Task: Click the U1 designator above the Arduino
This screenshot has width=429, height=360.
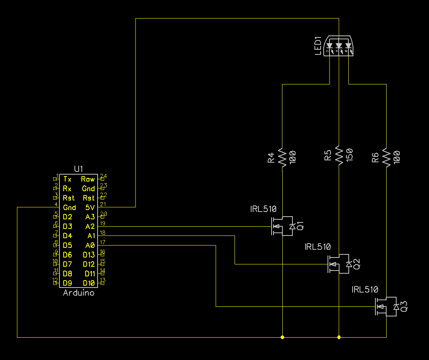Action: [x=78, y=169]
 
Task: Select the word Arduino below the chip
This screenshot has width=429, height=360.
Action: [x=78, y=293]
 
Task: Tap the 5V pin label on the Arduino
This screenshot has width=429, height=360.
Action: [x=90, y=207]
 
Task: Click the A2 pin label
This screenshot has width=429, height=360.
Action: [x=90, y=226]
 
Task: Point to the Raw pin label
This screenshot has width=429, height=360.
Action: [x=88, y=179]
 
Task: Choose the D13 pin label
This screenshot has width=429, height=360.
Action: [x=88, y=255]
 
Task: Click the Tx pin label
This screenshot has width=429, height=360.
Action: [x=67, y=179]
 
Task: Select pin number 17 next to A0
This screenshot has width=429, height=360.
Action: [x=103, y=242]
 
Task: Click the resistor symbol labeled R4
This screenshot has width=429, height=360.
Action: [x=282, y=157]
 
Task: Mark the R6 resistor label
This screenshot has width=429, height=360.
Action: [x=375, y=157]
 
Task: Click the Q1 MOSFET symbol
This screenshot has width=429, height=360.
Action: [x=280, y=226]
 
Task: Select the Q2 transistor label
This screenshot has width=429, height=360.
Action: [x=357, y=264]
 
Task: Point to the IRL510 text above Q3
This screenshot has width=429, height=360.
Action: [x=365, y=289]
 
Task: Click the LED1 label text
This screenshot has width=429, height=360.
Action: [x=318, y=46]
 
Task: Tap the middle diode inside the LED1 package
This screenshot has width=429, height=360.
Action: [x=339, y=45]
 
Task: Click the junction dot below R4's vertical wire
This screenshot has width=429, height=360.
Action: [x=282, y=337]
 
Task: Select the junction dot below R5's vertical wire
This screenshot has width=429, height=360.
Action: [x=339, y=337]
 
